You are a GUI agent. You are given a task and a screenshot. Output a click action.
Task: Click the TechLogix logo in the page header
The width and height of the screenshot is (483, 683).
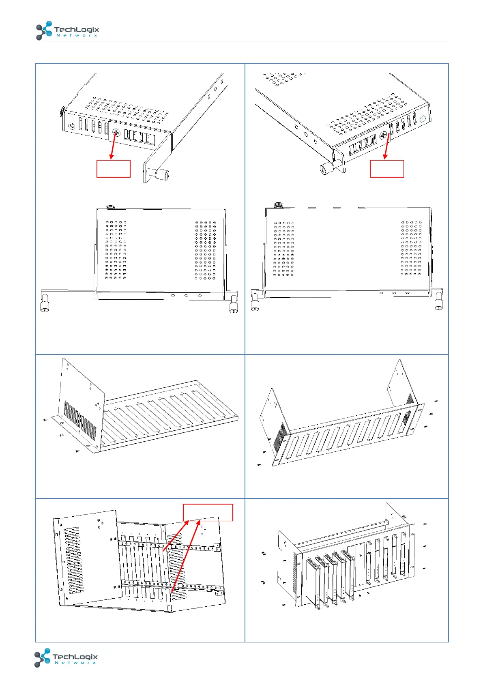tap(67, 31)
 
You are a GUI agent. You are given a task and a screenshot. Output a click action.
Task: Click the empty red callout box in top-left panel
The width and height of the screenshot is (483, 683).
tap(113, 169)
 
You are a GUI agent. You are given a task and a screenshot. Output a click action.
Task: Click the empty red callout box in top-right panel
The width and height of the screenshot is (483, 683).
tap(386, 169)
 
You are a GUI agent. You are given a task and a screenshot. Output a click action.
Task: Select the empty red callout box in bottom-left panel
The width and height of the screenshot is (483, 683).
tap(208, 512)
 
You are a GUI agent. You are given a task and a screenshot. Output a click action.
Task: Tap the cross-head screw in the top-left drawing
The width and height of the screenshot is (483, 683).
tap(116, 132)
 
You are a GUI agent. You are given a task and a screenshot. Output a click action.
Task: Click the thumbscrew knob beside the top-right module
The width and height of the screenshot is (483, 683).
tap(326, 168)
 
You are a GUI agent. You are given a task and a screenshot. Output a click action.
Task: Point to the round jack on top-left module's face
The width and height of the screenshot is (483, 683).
tap(72, 126)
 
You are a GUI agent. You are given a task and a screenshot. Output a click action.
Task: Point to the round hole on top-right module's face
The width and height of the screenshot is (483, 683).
tap(423, 119)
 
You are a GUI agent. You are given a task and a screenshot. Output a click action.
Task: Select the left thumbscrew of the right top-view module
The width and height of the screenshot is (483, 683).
tap(255, 306)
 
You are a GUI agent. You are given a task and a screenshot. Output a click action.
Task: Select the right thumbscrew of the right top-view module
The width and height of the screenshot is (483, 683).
tap(438, 305)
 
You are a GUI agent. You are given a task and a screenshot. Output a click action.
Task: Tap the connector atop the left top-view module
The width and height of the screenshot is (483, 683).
tap(109, 207)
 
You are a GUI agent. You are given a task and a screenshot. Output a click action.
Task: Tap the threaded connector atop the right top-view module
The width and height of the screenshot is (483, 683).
tap(278, 205)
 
